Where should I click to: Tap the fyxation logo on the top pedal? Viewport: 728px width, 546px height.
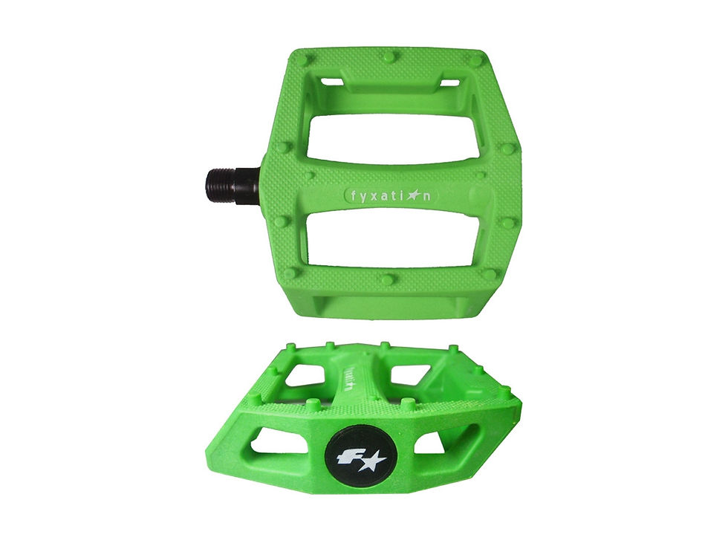pos(391,195)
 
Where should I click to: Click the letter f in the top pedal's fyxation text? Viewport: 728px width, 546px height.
pos(352,196)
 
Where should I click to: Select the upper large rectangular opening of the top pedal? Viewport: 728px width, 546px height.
pos(393,138)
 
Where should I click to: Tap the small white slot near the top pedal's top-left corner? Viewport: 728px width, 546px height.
pos(334,79)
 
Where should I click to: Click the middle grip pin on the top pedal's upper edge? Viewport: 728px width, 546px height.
pos(388,56)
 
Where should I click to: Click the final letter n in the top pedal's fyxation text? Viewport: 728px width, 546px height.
pos(429,196)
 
